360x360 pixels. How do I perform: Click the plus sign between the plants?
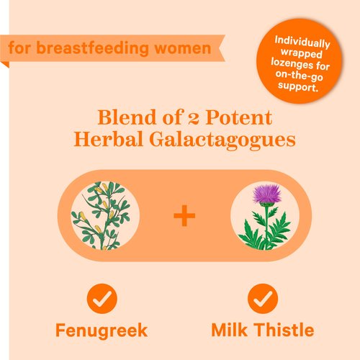coord(184,215)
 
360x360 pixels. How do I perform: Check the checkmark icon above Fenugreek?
coord(102,297)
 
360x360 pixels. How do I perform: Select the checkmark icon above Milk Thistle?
coord(263,297)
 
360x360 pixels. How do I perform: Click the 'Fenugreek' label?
coord(102,330)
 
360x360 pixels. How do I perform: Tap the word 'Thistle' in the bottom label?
coord(282,330)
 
